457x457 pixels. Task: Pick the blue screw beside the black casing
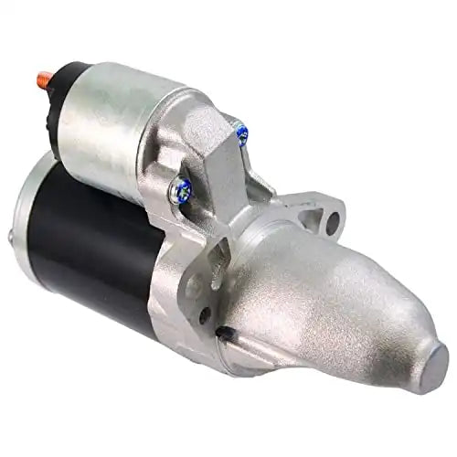[182, 190]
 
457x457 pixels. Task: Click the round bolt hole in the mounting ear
[331, 218]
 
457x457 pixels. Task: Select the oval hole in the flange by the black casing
[216, 267]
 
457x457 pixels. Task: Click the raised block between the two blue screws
[215, 151]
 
